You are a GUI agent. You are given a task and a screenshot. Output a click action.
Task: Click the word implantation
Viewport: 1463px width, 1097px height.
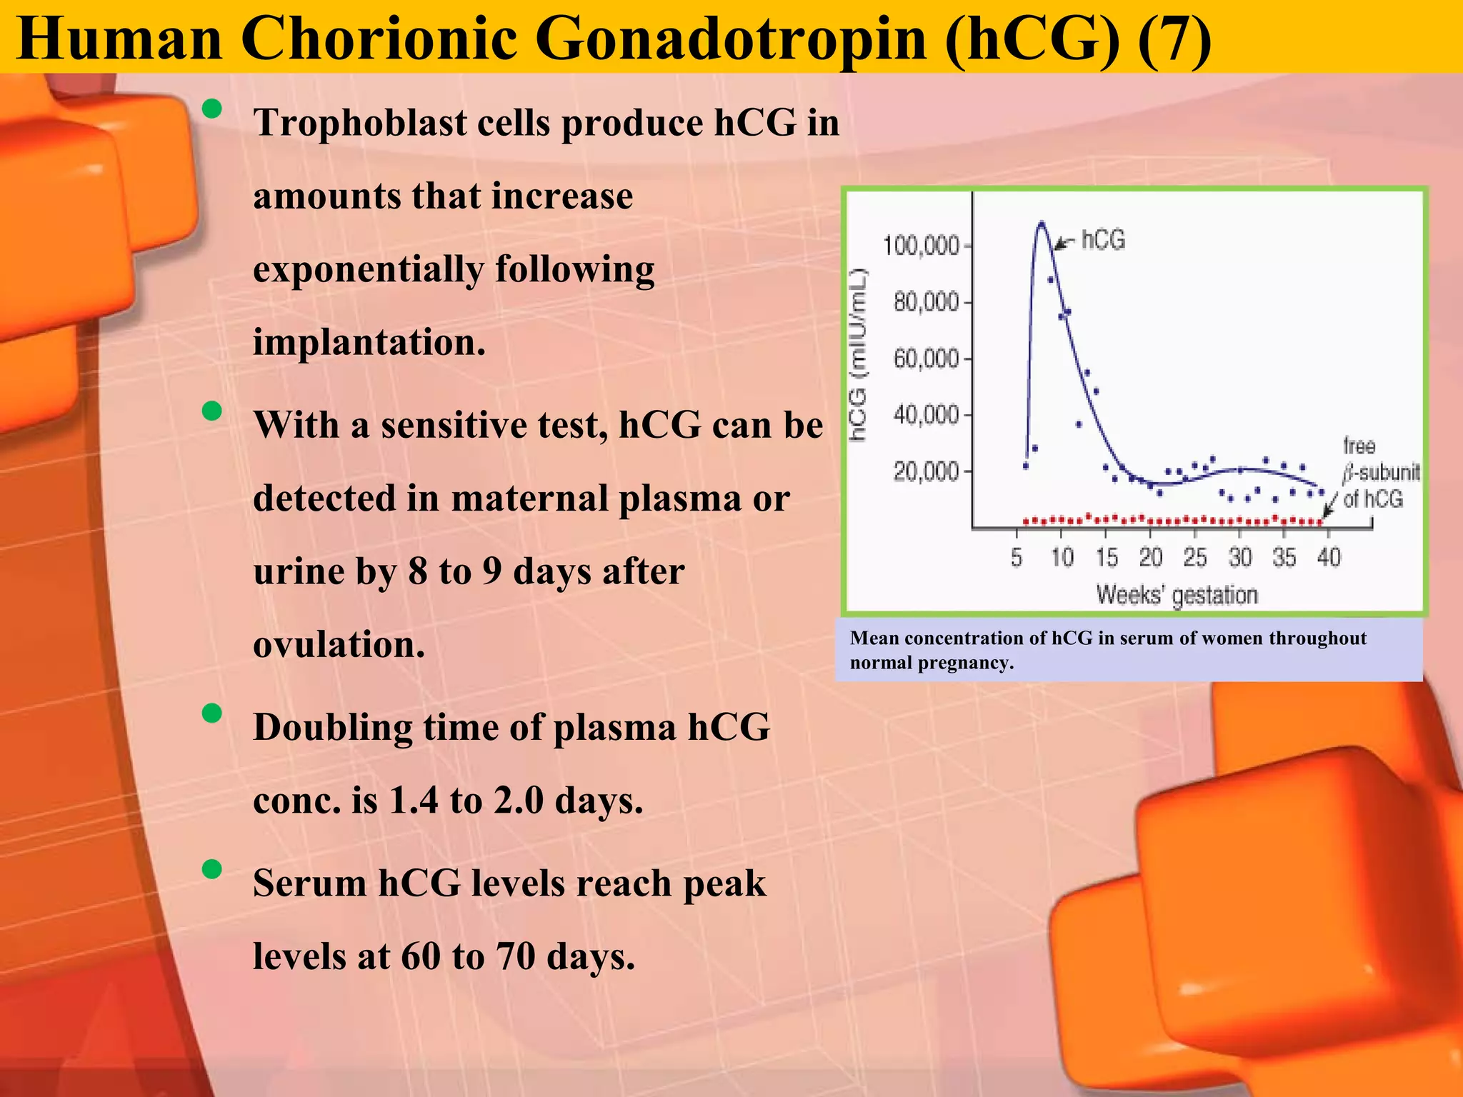click(x=369, y=343)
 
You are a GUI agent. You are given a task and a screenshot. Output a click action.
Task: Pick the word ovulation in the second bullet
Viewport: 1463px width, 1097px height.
click(x=339, y=645)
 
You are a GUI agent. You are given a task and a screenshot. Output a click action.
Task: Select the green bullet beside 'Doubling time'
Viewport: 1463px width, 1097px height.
click(x=211, y=713)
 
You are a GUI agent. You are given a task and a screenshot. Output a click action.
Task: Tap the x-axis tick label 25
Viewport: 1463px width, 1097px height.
click(x=1194, y=557)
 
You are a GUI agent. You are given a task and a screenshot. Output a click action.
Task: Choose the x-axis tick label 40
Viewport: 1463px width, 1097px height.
click(x=1328, y=557)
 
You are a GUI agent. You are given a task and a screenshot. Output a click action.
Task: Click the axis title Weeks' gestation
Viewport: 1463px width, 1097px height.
click(x=1177, y=595)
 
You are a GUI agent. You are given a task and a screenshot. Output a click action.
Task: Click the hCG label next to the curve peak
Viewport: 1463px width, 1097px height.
click(x=1103, y=240)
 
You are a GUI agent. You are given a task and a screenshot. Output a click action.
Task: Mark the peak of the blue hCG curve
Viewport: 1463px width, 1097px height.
click(x=1042, y=223)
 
